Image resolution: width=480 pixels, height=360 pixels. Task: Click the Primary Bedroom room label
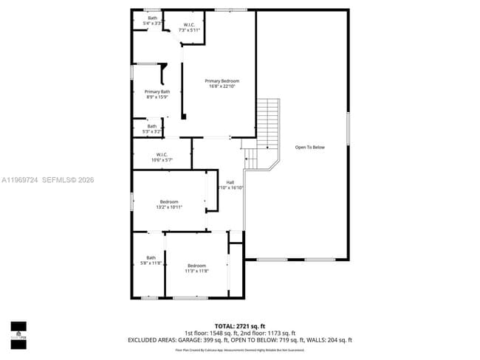pyautogui.click(x=222, y=81)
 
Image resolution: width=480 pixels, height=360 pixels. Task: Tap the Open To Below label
pyautogui.click(x=309, y=147)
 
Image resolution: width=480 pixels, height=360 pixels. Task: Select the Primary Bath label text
pyautogui.click(x=157, y=91)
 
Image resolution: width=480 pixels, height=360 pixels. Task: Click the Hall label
pyautogui.click(x=230, y=182)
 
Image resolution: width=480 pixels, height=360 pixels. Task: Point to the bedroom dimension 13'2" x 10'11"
pyautogui.click(x=169, y=207)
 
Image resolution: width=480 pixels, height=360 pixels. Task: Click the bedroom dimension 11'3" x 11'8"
pyautogui.click(x=196, y=271)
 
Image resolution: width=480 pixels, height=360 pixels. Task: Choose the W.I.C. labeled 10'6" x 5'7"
pyautogui.click(x=162, y=159)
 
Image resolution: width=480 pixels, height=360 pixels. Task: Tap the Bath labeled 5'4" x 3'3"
pyautogui.click(x=152, y=23)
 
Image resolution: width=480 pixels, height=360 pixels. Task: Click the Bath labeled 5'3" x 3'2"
pyautogui.click(x=151, y=131)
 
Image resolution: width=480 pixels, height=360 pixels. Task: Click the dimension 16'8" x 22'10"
pyautogui.click(x=222, y=86)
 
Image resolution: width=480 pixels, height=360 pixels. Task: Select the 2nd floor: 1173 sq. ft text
pyautogui.click(x=270, y=333)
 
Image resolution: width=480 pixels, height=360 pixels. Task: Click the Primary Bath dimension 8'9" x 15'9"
pyautogui.click(x=157, y=97)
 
